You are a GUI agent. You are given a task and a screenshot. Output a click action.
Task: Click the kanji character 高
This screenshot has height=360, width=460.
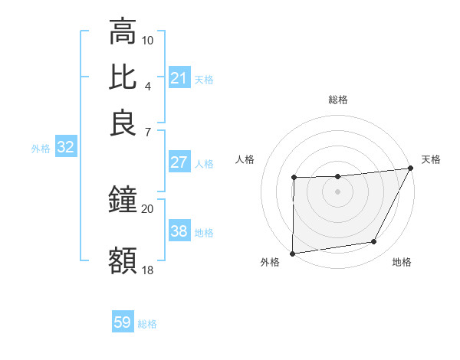(123, 33)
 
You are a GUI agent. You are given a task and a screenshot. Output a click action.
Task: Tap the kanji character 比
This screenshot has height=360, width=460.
(123, 77)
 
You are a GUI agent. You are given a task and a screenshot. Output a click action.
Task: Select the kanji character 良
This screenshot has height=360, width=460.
(123, 123)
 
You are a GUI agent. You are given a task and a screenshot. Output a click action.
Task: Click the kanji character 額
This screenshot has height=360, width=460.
(123, 260)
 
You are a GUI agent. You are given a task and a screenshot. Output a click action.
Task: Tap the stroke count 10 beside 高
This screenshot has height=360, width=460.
(148, 40)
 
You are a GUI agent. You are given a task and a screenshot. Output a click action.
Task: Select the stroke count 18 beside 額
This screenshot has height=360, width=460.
(148, 270)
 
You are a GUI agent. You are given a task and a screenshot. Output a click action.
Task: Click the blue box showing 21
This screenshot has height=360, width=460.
(179, 78)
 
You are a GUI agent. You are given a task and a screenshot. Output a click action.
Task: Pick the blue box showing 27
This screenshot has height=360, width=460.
(179, 162)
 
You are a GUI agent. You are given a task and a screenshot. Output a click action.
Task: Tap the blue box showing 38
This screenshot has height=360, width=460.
(179, 231)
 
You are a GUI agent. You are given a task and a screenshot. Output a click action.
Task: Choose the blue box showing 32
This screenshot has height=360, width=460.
(65, 148)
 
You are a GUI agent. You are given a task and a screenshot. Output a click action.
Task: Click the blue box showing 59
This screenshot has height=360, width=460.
(123, 322)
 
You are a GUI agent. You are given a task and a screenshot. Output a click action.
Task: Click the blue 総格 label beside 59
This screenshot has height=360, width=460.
(147, 324)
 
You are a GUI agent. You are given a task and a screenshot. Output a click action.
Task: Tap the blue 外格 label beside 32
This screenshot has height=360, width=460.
(41, 149)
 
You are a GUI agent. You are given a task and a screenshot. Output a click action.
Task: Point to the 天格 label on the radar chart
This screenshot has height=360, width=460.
(431, 159)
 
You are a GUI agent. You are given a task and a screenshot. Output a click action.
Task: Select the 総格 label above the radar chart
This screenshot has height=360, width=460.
(338, 100)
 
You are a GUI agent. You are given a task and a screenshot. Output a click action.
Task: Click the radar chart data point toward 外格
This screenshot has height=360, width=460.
(292, 254)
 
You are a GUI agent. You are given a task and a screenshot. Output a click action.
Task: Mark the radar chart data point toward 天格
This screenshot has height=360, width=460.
(412, 169)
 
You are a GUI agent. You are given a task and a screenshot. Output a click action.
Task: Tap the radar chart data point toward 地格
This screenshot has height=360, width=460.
(374, 242)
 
